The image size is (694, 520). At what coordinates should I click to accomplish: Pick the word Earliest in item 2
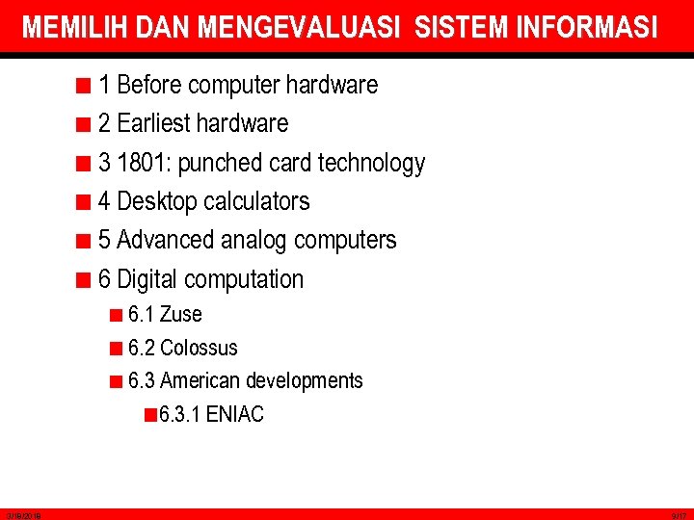pos(152,124)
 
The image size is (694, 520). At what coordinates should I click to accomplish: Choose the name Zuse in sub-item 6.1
pos(181,314)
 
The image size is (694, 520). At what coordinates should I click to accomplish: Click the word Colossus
pos(199,348)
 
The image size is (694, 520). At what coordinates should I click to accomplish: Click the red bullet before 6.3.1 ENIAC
pos(149,415)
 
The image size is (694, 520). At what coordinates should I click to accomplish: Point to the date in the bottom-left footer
pos(20,516)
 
